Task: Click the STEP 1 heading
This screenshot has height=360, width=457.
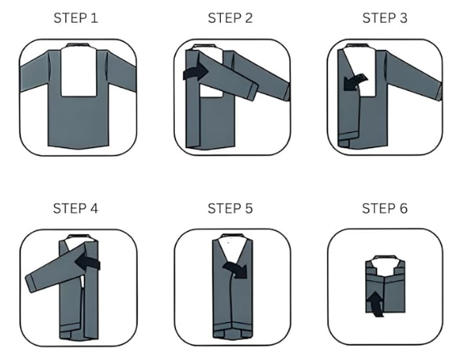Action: [76, 18]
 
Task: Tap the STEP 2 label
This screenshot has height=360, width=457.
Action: [231, 18]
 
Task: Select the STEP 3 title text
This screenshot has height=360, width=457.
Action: [384, 18]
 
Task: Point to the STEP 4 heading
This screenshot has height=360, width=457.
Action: [76, 209]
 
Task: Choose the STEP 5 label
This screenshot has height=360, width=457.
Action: [231, 209]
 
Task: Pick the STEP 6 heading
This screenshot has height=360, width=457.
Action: [384, 209]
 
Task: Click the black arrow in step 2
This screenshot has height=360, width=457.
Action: [196, 72]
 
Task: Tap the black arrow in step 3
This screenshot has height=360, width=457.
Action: [354, 82]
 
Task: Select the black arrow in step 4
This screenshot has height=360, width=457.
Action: [88, 262]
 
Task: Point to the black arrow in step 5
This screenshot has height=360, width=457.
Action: [235, 269]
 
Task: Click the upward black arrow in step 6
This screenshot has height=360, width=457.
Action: [376, 304]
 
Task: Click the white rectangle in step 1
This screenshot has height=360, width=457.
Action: [78, 72]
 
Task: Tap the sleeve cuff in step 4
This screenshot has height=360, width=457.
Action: [31, 283]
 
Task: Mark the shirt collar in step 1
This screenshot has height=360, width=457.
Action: [77, 45]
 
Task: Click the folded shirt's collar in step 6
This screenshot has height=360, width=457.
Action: [385, 258]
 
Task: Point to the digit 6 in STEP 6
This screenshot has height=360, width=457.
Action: [403, 209]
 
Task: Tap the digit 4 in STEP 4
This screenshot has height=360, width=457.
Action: [94, 209]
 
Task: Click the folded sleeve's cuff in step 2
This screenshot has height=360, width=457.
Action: [252, 92]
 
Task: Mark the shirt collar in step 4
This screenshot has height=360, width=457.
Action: [78, 236]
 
